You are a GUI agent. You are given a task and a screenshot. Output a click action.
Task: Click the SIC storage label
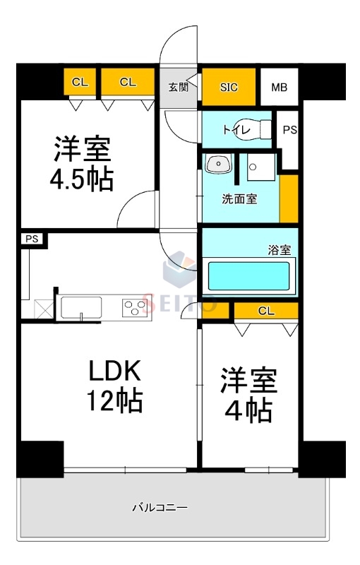pos(229,88)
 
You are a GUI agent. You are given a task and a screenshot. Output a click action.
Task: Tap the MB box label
pos(280,88)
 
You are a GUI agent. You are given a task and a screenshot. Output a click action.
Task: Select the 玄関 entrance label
pos(179,88)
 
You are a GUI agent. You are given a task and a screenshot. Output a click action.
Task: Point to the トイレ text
pos(234,129)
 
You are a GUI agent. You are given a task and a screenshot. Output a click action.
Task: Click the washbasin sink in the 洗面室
pos(219,165)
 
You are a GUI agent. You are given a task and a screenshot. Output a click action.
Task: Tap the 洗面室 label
pos(239,199)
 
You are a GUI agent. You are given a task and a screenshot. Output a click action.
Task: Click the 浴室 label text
pos(279,249)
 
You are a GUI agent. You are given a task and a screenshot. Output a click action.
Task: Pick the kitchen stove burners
pos(136,307)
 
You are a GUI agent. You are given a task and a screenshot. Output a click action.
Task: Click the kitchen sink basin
pos(81,307)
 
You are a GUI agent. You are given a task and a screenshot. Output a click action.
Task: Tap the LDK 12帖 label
pos(115,385)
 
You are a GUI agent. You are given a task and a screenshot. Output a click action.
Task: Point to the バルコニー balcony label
pos(160,507)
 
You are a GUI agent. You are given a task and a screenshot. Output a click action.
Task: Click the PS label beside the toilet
pos(290,130)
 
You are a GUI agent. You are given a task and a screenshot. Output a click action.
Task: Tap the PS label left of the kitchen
pos(32,239)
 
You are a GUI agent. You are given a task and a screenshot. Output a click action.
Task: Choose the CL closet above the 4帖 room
pos(266,310)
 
